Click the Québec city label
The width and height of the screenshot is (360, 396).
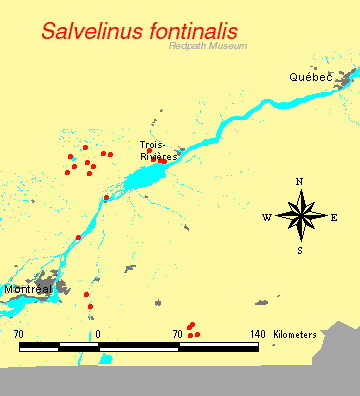tap(309, 78)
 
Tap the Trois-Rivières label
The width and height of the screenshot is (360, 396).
tap(158, 151)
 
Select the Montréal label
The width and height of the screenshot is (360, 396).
tap(27, 289)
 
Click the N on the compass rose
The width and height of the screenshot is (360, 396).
tap(299, 182)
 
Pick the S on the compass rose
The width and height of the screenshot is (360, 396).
tap(299, 250)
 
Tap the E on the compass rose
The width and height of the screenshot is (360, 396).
tap(334, 217)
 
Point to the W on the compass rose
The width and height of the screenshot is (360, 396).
tap(267, 217)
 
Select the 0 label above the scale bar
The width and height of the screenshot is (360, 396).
tap(98, 333)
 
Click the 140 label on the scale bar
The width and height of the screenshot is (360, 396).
tap(256, 333)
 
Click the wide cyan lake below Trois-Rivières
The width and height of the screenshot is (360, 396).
tap(150, 179)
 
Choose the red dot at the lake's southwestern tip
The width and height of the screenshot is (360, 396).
tap(106, 198)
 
